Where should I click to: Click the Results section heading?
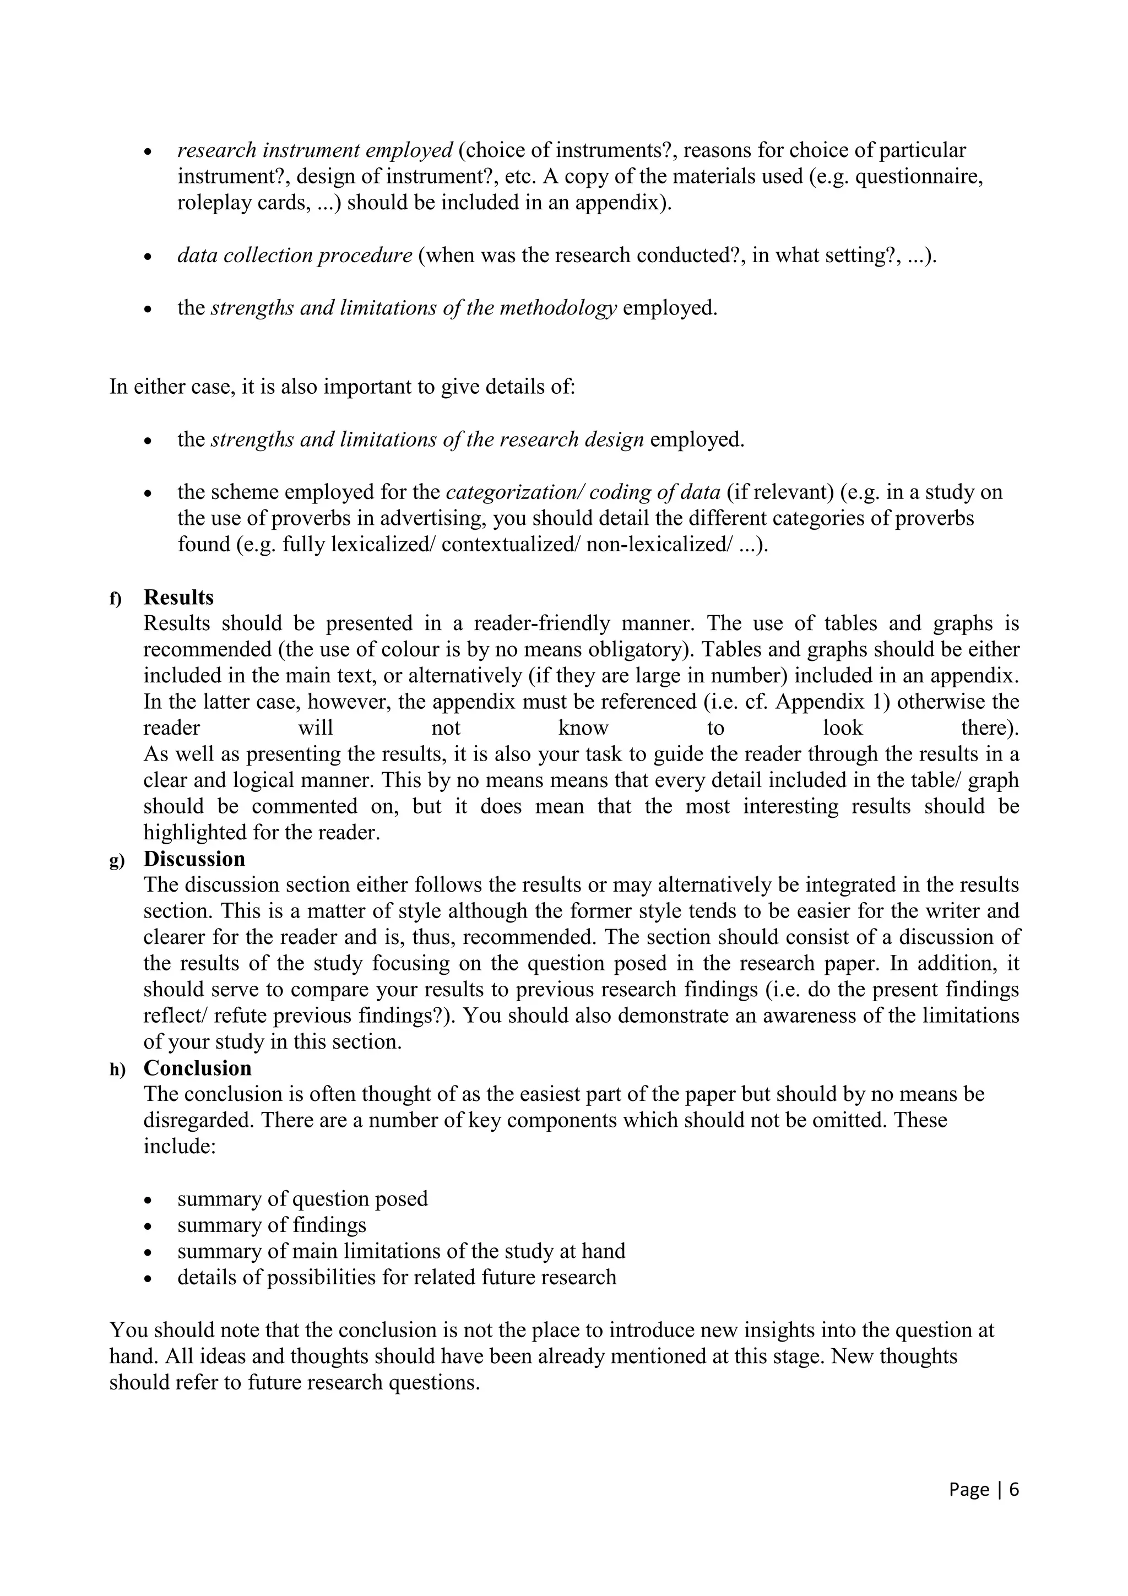coord(178,597)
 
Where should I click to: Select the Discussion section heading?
coord(194,859)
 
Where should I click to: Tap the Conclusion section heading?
coord(197,1068)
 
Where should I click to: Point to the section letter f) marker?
coord(115,599)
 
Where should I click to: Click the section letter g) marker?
coord(117,861)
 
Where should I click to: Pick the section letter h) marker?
coord(117,1070)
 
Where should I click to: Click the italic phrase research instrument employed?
coord(315,150)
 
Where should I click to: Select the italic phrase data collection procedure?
coord(295,255)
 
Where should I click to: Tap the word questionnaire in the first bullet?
coord(919,177)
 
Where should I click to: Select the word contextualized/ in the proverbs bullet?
coord(511,544)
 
